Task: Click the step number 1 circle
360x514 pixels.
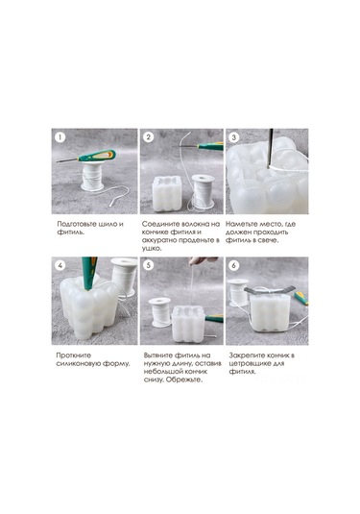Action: coord(60,137)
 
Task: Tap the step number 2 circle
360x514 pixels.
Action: coord(149,137)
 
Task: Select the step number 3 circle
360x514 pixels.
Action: coord(234,137)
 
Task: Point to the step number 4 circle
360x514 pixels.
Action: coord(60,265)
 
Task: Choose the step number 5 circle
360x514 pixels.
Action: coord(149,265)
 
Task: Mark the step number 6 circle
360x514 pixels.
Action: coord(234,265)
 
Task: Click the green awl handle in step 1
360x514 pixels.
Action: coord(97,156)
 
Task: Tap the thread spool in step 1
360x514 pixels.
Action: coord(92,176)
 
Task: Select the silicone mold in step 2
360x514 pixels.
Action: coord(167,193)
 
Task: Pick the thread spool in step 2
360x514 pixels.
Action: coord(203,192)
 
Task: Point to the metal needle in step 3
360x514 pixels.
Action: coord(271,148)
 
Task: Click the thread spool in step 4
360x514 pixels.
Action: coord(124,276)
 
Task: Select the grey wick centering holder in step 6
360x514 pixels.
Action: coord(269,290)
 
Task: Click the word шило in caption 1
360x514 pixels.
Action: coord(106,224)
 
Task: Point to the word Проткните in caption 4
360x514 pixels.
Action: coord(73,355)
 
